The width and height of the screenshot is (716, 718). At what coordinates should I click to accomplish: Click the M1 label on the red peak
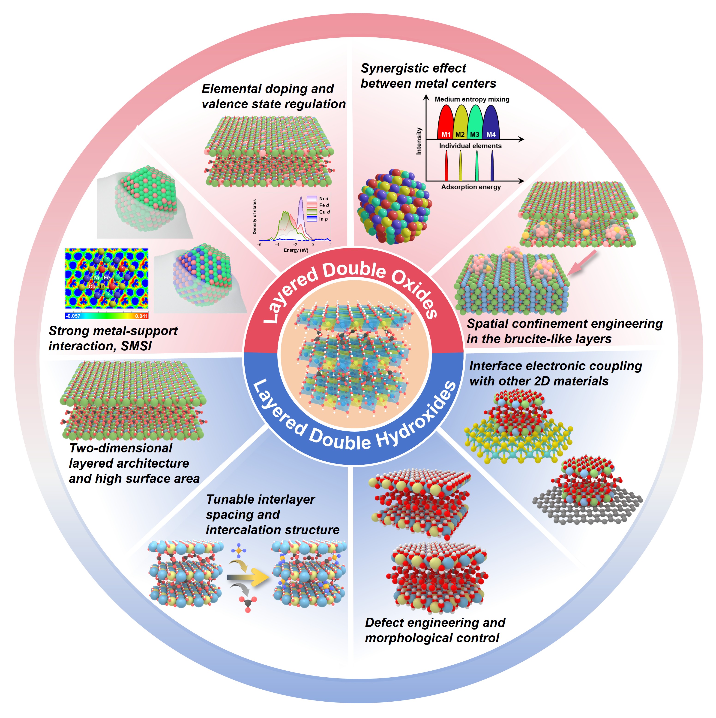click(446, 135)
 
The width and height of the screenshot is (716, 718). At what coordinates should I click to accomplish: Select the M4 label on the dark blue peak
click(491, 135)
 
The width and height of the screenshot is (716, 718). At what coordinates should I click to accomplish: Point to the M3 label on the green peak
click(475, 135)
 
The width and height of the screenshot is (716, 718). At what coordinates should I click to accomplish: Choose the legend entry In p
click(323, 219)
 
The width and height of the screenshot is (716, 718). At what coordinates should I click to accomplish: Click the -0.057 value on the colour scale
click(73, 316)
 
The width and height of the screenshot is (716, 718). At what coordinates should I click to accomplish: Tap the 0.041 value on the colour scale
click(141, 316)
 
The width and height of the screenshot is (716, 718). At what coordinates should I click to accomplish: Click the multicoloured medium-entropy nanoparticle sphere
click(394, 207)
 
